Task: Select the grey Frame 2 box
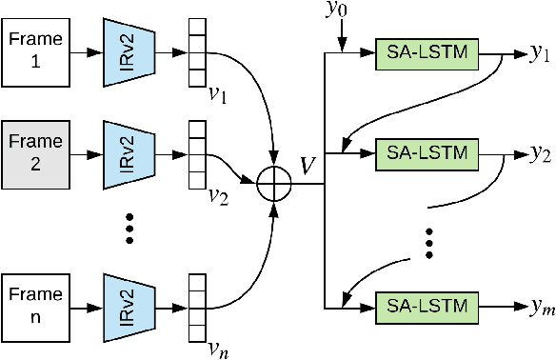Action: (x=37, y=150)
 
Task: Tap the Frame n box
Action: (x=37, y=306)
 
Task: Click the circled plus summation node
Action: (x=275, y=178)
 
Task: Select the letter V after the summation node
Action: (x=307, y=165)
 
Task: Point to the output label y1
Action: (x=542, y=54)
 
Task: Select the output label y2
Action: (x=542, y=153)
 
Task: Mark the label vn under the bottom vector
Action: (x=219, y=350)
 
